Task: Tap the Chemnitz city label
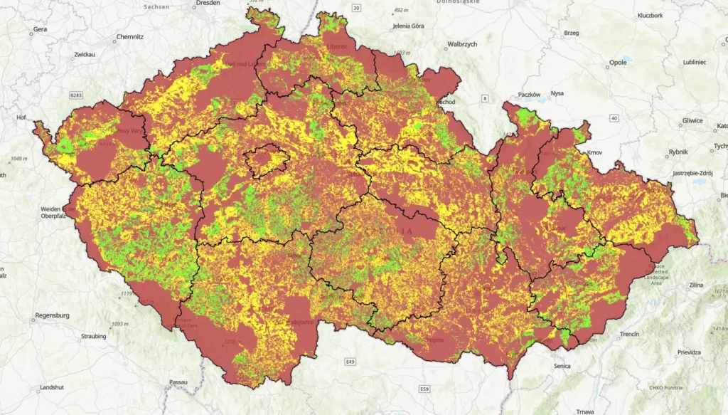130,36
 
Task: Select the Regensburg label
52,315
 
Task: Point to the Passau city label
178,382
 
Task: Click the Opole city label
618,63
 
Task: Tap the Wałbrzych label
462,44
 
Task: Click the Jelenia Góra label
407,26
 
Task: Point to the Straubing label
94,336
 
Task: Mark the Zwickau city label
84,54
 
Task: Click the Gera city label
40,30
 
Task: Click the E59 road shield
424,389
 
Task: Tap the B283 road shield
76,95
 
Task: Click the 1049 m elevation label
21,158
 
